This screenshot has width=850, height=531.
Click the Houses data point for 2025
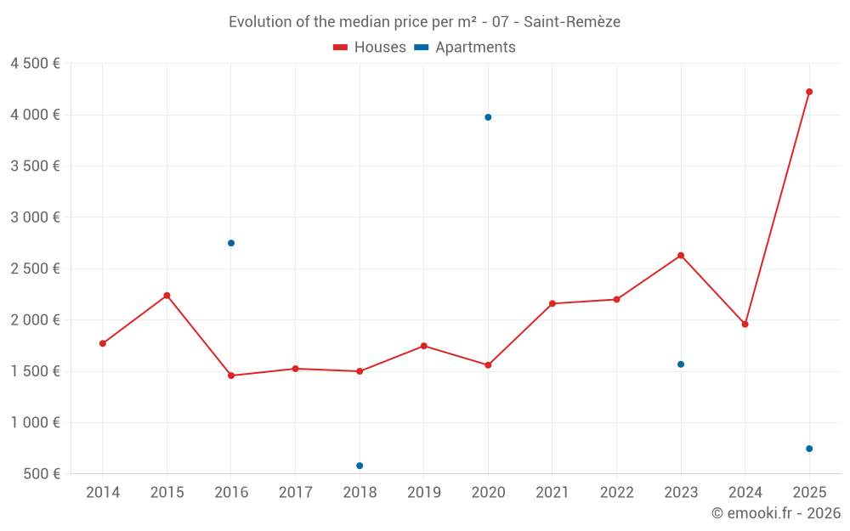809,92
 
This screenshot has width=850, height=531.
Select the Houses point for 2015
167,296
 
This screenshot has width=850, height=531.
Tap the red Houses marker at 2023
681,256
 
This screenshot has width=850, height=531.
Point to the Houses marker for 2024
745,325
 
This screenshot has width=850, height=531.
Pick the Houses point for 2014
103,343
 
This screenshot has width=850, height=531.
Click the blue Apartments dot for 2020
488,117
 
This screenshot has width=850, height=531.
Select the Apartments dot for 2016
231,243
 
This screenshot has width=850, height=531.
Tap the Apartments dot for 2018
360,466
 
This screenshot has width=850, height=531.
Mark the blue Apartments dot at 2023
681,364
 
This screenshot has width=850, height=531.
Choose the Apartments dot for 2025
809,449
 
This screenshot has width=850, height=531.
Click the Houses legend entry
370,48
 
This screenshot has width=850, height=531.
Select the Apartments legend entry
466,48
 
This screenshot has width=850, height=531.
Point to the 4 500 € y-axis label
35,64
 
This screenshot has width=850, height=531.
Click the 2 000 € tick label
35,320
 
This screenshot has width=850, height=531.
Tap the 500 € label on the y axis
41,474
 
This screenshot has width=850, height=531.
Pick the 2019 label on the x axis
424,493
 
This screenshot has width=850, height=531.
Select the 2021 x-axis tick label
552,493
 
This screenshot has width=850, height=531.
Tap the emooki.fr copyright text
775,513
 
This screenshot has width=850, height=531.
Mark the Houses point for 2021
552,303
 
